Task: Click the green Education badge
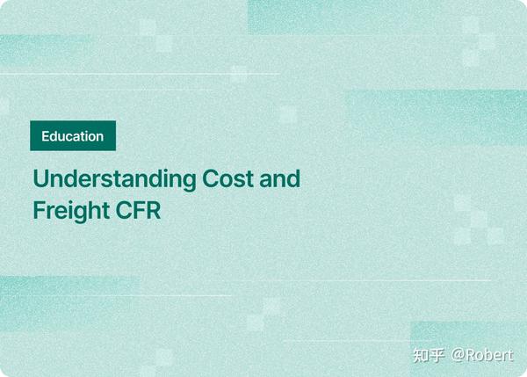(x=72, y=136)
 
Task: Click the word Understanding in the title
(x=114, y=180)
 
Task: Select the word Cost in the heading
(x=228, y=179)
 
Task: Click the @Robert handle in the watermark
(x=482, y=355)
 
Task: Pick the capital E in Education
(x=46, y=136)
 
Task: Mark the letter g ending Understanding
(x=188, y=182)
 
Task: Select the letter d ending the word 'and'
(x=293, y=179)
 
